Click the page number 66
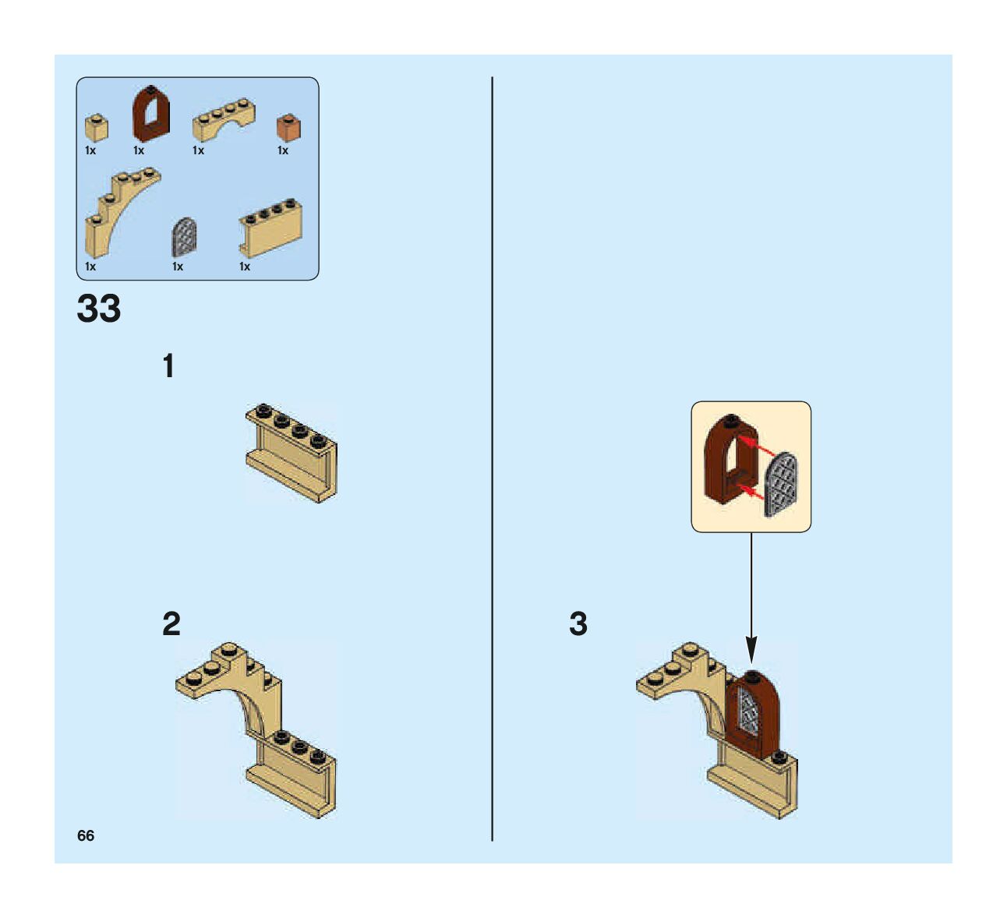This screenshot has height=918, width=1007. click(x=86, y=835)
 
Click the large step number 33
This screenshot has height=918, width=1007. click(x=99, y=309)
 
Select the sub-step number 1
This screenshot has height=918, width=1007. click(x=168, y=366)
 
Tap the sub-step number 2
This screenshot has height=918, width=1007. click(x=171, y=623)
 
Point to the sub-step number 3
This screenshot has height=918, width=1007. click(x=578, y=623)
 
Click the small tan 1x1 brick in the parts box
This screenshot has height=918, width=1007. click(x=96, y=127)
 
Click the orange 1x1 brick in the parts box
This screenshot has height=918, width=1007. click(x=288, y=127)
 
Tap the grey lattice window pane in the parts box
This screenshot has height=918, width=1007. click(x=184, y=237)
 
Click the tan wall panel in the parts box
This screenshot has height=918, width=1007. click(x=270, y=227)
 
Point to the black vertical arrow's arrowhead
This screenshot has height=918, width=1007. click(x=751, y=648)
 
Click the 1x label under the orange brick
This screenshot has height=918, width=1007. click(x=283, y=150)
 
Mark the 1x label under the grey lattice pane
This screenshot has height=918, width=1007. click(x=178, y=267)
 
